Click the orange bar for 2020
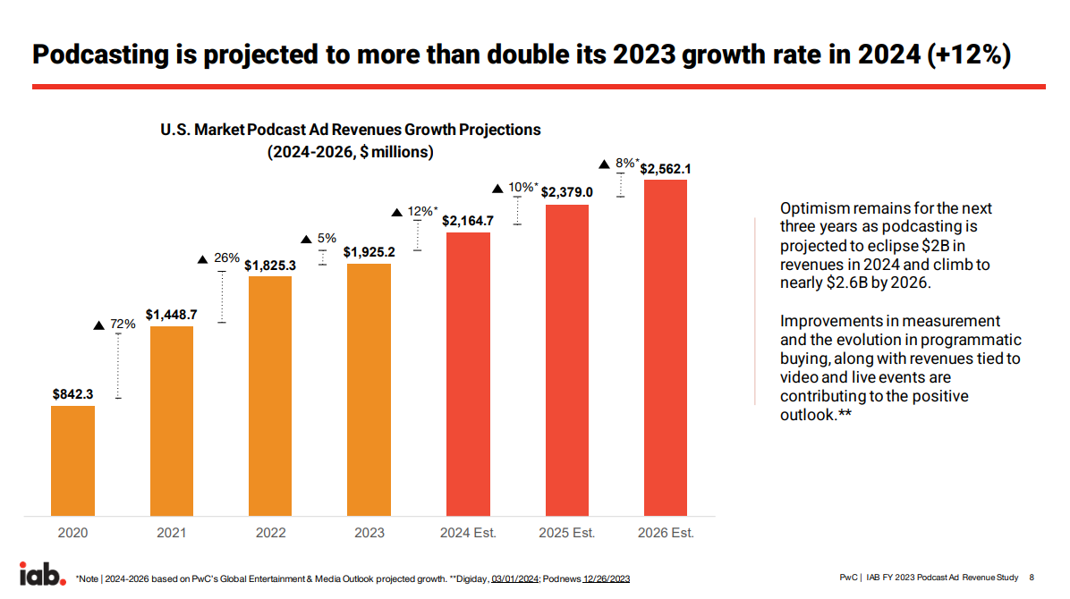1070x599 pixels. (72, 460)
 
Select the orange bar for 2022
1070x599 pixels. (269, 396)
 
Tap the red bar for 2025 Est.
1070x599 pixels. (567, 360)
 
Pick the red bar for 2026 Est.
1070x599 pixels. (666, 348)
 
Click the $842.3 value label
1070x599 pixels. (72, 392)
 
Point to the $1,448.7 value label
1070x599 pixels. (171, 313)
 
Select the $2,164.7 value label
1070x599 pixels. (467, 219)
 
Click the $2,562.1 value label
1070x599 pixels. (666, 168)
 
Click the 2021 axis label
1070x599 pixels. (171, 533)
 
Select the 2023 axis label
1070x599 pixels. (369, 533)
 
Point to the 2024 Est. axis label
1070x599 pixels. (467, 533)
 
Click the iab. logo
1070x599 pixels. (42, 574)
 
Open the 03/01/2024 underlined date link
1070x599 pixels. (514, 578)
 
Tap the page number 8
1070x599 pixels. (1032, 578)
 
